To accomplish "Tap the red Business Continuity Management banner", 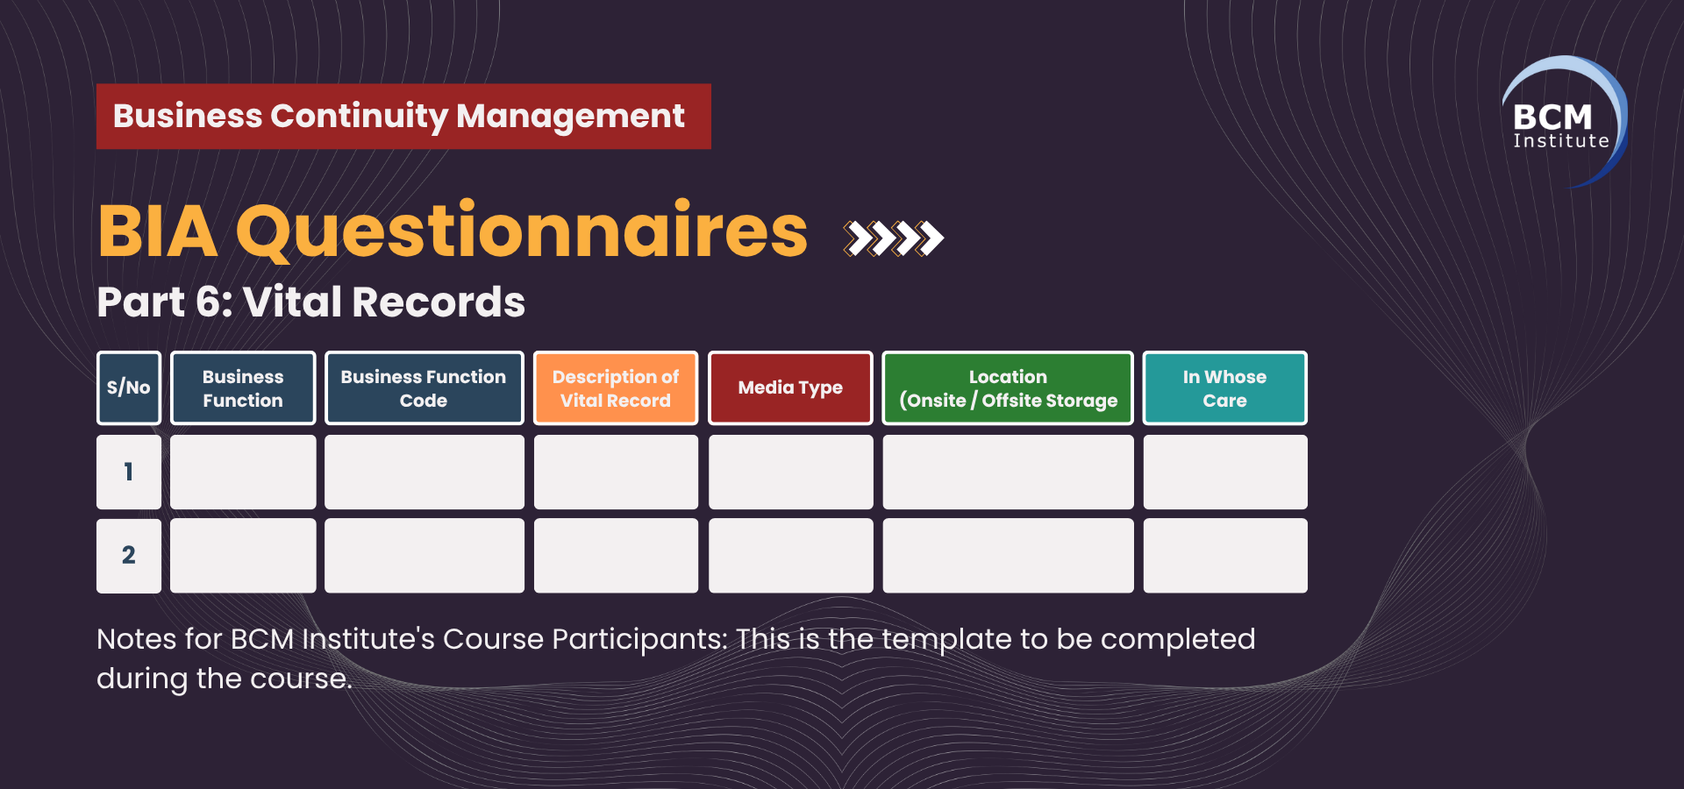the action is click(x=403, y=117).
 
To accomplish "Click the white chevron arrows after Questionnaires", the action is click(x=894, y=238).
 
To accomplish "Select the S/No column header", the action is click(x=129, y=388).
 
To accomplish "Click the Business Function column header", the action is click(x=243, y=388).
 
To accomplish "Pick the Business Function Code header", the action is click(x=425, y=388).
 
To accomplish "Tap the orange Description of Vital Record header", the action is click(x=616, y=388).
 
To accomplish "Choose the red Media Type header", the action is click(x=790, y=388).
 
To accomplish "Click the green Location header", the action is click(x=1008, y=388).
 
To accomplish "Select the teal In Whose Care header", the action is click(x=1225, y=388).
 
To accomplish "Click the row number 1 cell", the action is click(x=129, y=473).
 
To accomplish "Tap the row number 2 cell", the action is click(x=129, y=556).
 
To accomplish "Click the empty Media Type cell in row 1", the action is click(x=790, y=473).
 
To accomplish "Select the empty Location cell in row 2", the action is click(x=1008, y=556).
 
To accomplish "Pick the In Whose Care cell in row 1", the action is click(x=1225, y=473).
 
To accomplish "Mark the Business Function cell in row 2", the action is click(x=243, y=556).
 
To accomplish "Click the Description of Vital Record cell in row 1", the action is click(x=616, y=473).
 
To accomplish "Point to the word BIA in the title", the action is click(x=158, y=231).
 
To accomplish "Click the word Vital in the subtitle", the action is click(x=292, y=302).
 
